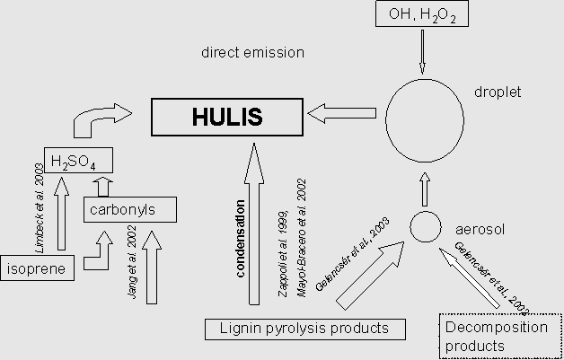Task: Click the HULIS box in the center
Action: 225,117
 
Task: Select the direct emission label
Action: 253,53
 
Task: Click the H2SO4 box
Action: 77,161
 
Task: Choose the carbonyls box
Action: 128,210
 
